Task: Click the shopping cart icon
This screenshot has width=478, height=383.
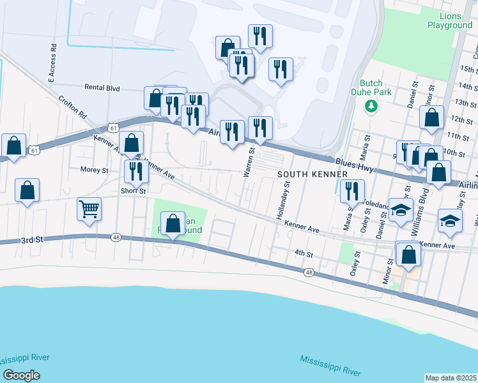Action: [x=89, y=209]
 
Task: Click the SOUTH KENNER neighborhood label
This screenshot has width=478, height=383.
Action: [x=312, y=174]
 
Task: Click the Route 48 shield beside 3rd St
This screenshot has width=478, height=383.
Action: [x=116, y=237]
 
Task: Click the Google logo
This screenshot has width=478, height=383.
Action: [x=21, y=375]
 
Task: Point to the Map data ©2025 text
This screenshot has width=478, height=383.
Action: [x=450, y=378]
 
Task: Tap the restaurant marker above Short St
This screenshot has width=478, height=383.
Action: [x=135, y=170]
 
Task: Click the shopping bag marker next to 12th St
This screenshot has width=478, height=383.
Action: [x=432, y=117]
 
